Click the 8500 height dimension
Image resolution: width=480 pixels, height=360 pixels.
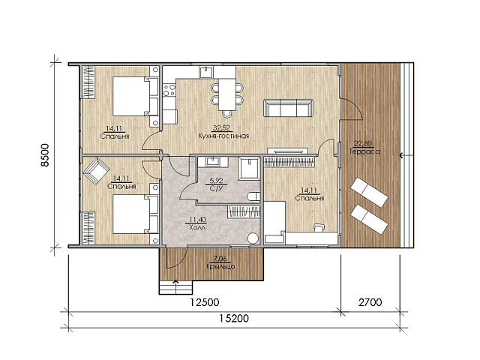tap(45, 155)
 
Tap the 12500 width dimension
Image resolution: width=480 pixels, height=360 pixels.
tap(205, 302)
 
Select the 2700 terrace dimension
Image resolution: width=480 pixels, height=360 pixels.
tap(370, 302)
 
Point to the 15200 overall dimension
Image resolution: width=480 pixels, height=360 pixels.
tap(234, 319)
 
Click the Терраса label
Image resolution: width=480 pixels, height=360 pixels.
tap(364, 151)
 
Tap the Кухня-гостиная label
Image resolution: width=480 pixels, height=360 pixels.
tap(223, 136)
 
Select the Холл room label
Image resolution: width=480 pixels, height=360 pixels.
tap(197, 227)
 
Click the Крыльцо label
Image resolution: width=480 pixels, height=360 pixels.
tap(220, 266)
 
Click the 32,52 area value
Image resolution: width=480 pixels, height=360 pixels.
tap(221, 128)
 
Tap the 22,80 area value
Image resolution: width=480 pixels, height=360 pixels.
tap(363, 143)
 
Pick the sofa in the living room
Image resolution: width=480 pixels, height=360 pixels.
tap(288, 108)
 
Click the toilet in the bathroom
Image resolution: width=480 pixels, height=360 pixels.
tap(253, 196)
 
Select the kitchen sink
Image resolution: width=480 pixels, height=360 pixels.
tap(206, 72)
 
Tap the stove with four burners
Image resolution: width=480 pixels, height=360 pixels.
tap(169, 90)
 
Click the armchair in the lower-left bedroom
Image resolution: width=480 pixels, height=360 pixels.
tap(96, 171)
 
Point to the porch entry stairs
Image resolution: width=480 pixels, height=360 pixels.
tap(175, 287)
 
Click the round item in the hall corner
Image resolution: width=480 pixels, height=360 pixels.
tap(253, 238)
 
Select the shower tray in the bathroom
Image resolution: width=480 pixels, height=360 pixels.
tap(249, 168)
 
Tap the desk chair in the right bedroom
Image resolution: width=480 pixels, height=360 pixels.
tap(319, 226)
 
